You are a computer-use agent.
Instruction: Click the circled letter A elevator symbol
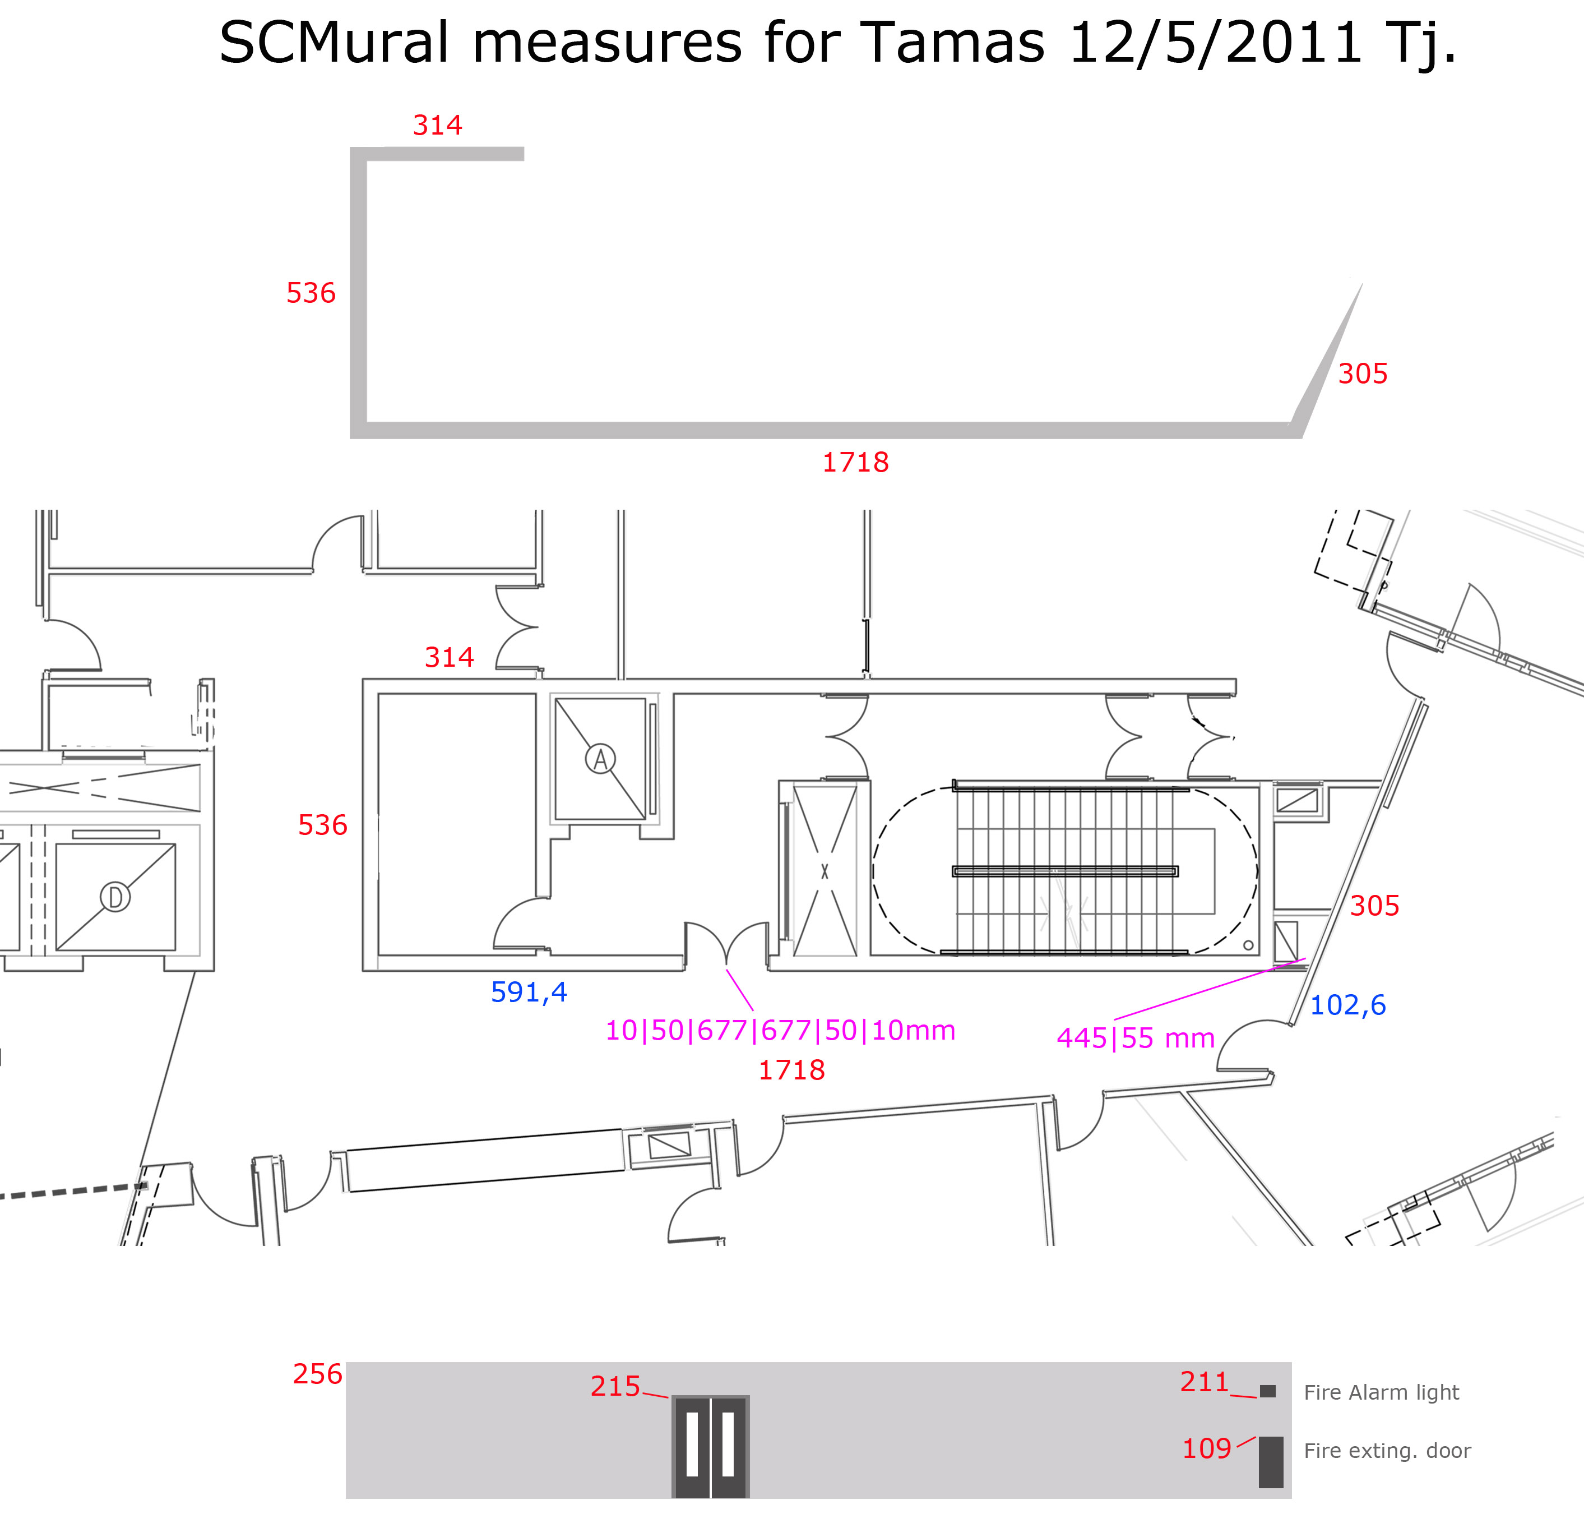point(600,758)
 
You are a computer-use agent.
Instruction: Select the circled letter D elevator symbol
point(115,897)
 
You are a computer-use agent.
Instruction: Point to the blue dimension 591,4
point(529,992)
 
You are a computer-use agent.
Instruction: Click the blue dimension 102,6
point(1347,1005)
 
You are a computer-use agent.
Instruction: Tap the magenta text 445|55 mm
point(1136,1038)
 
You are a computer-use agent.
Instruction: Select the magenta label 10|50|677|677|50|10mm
point(780,1030)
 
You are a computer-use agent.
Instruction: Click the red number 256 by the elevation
point(318,1373)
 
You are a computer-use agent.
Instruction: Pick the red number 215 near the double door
point(615,1386)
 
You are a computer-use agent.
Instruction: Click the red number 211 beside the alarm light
point(1204,1382)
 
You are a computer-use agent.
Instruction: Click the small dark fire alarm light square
point(1267,1391)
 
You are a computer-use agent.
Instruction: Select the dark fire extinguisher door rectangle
point(1271,1461)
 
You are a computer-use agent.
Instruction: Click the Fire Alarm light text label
point(1381,1392)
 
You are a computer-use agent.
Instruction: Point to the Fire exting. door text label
point(1387,1450)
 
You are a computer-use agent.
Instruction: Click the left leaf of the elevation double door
point(692,1446)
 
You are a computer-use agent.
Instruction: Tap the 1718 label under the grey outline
point(855,463)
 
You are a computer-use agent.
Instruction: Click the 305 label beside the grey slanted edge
point(1363,373)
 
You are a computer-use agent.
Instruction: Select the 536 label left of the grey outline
point(311,293)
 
